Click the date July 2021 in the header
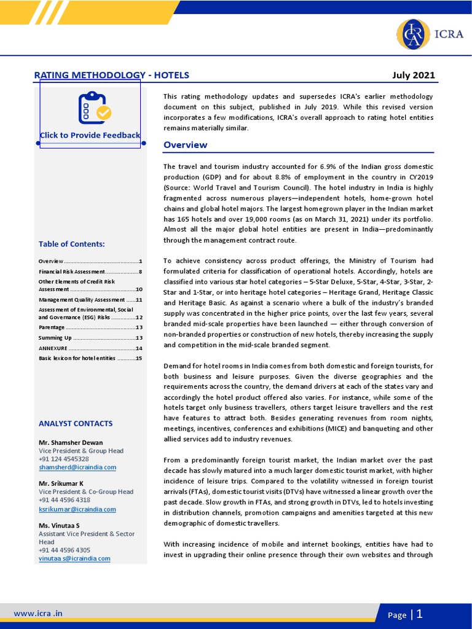coord(413,76)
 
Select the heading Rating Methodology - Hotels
coord(111,76)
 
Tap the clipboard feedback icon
coord(94,107)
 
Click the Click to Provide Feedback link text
coord(90,135)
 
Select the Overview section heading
coord(185,145)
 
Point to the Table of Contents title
coord(71,244)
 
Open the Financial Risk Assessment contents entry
coord(90,272)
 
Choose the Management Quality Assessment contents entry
coord(90,300)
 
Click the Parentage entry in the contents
coord(90,327)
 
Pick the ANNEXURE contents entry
coord(90,348)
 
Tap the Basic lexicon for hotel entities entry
coord(90,358)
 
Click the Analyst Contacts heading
coord(76,423)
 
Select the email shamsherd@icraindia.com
coord(77,467)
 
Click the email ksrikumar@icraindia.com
coord(77,509)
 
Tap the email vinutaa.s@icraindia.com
coord(74,558)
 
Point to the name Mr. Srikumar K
coord(62,483)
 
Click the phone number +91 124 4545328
coord(64,459)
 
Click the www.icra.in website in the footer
coord(38,613)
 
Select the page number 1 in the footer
coord(419,614)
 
